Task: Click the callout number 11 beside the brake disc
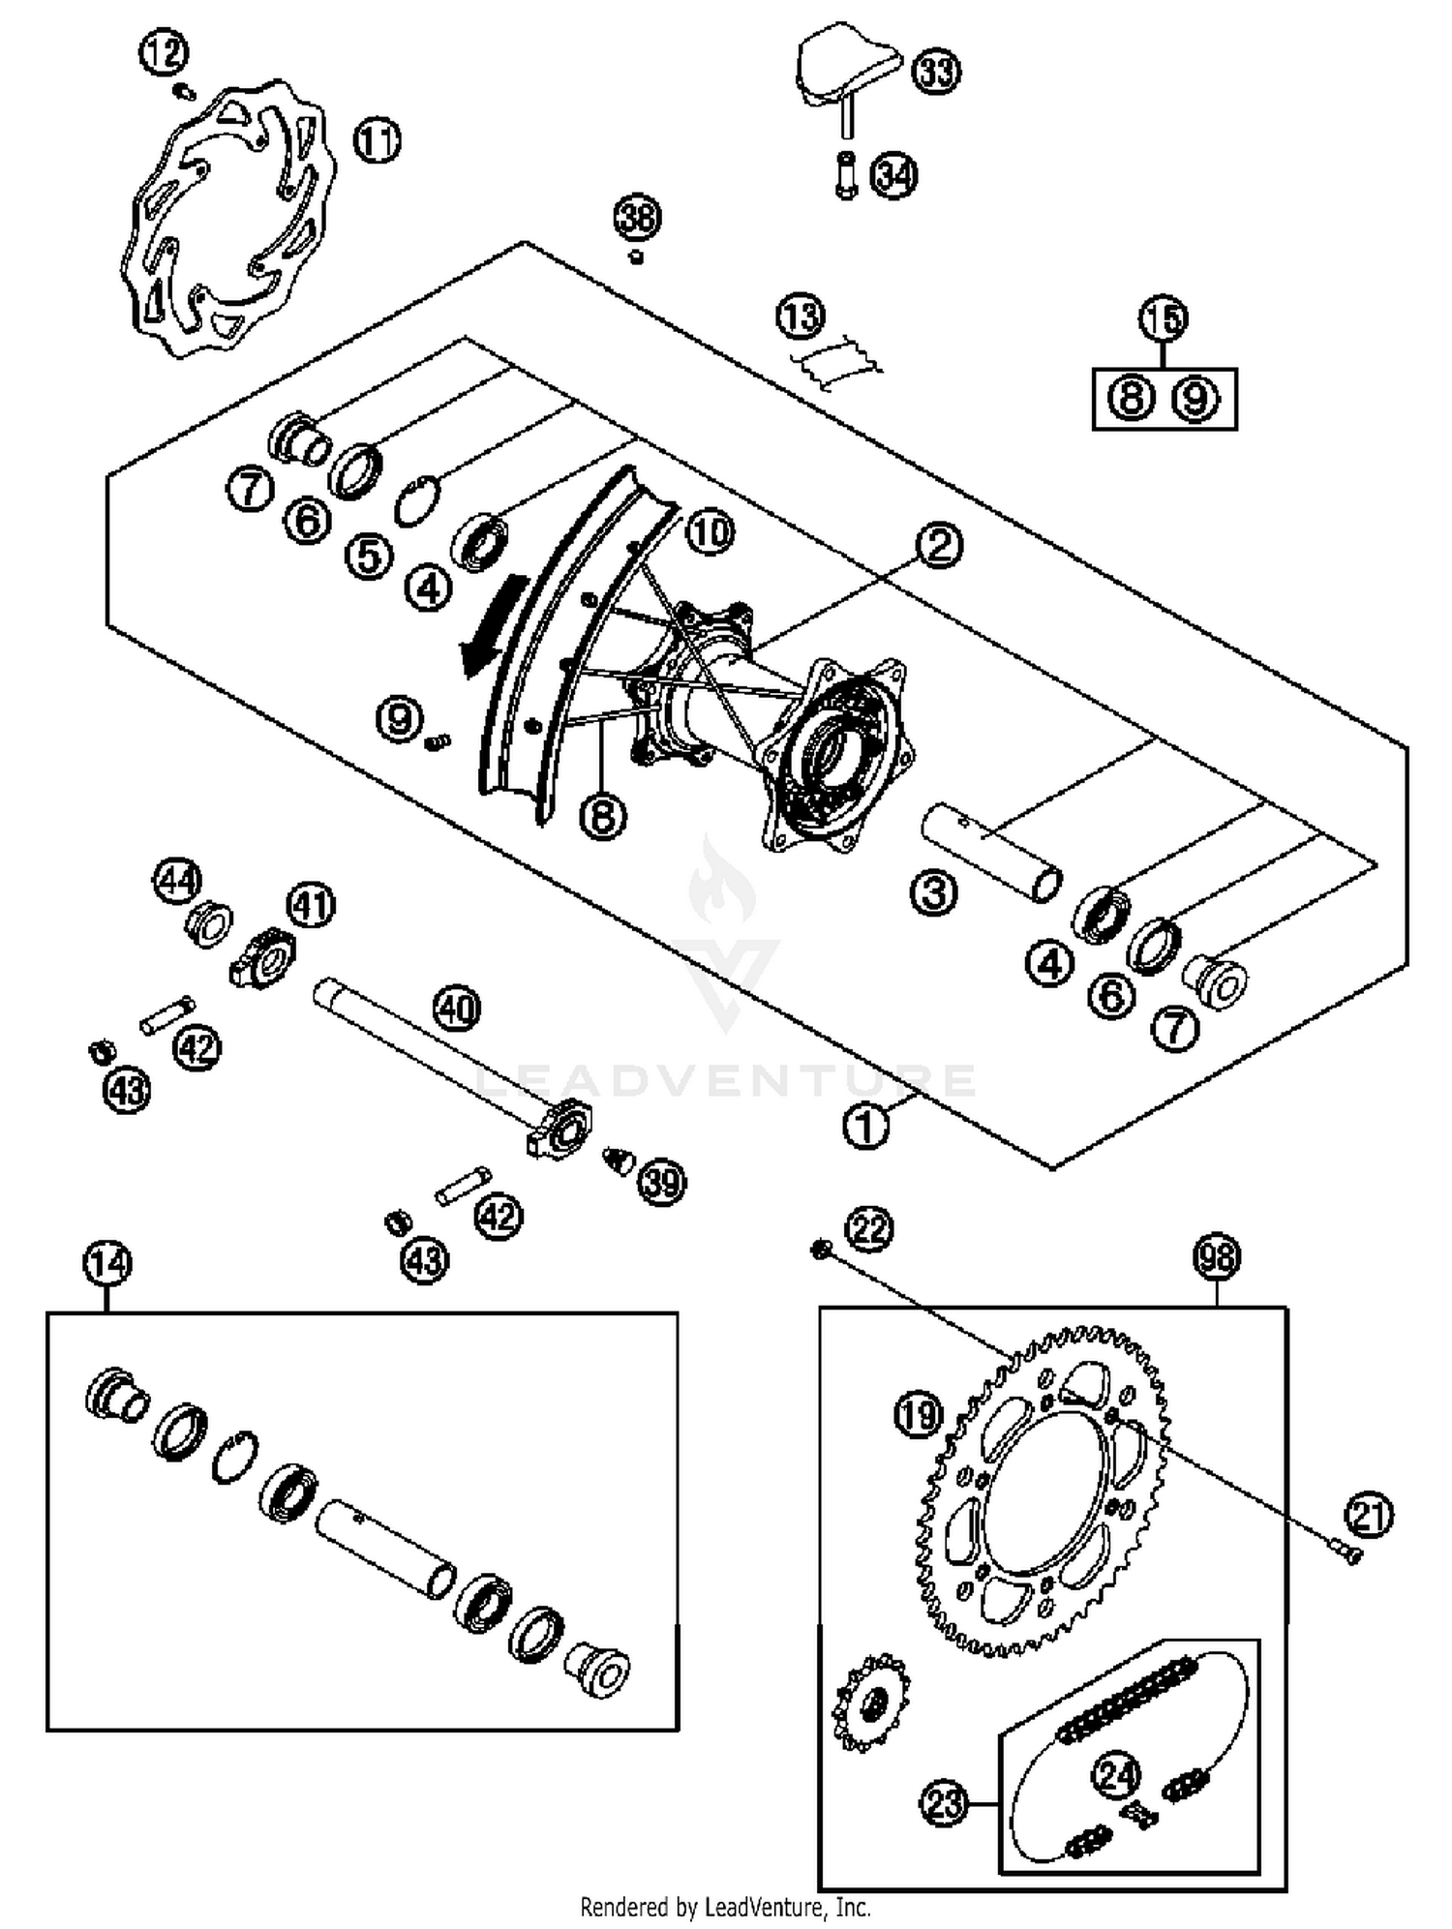[377, 141]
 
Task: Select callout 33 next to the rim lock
[935, 72]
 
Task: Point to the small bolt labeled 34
[846, 177]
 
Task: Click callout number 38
[637, 218]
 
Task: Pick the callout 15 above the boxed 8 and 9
[1163, 319]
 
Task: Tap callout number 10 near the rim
[710, 532]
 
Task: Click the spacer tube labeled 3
[989, 851]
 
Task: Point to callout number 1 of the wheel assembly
[865, 1126]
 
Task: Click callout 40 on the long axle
[457, 1009]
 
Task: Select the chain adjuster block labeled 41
[263, 957]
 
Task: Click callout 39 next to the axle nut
[662, 1182]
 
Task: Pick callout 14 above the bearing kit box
[106, 1263]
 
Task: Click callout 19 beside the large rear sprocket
[918, 1414]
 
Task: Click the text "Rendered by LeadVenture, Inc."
[725, 1907]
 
